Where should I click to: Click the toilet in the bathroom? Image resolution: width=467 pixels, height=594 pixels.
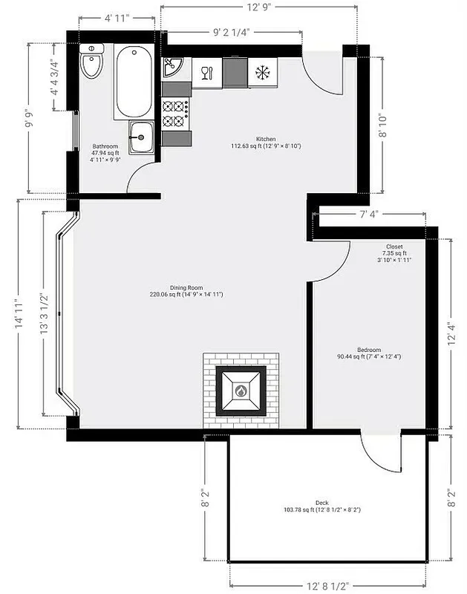click(x=92, y=64)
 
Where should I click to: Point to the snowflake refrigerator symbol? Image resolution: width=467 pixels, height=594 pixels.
click(x=261, y=73)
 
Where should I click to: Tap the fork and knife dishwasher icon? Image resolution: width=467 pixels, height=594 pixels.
click(x=207, y=72)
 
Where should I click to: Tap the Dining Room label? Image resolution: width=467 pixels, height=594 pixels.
click(x=186, y=290)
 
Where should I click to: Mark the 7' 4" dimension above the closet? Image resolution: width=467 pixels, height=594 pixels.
click(x=370, y=215)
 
